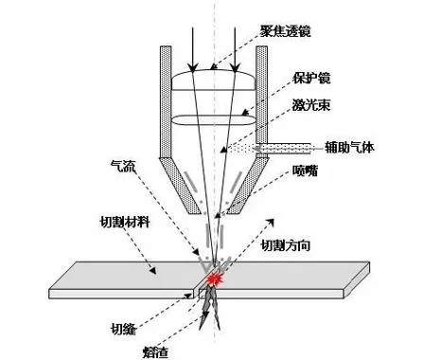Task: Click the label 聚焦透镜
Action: tap(286, 31)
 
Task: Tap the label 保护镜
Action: tap(311, 78)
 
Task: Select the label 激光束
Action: tap(311, 104)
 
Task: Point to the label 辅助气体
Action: tap(349, 147)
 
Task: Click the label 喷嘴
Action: tap(305, 171)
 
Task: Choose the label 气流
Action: tap(123, 167)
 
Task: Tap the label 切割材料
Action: tap(125, 223)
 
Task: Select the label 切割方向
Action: tap(286, 245)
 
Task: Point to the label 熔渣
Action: tap(155, 352)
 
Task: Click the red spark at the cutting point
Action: tap(215, 279)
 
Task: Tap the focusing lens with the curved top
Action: tap(213, 81)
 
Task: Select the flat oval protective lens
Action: tap(213, 120)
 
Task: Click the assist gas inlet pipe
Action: tap(283, 149)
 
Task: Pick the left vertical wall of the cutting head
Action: tap(166, 101)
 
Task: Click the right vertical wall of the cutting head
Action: tap(262, 95)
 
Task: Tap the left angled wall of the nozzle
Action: tap(181, 186)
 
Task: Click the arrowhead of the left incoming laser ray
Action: tap(192, 67)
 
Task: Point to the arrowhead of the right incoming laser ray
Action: tap(235, 67)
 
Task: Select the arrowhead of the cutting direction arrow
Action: tap(270, 222)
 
